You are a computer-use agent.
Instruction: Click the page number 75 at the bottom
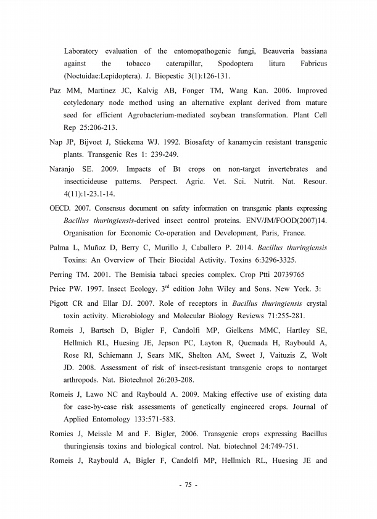[x=188, y=484]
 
